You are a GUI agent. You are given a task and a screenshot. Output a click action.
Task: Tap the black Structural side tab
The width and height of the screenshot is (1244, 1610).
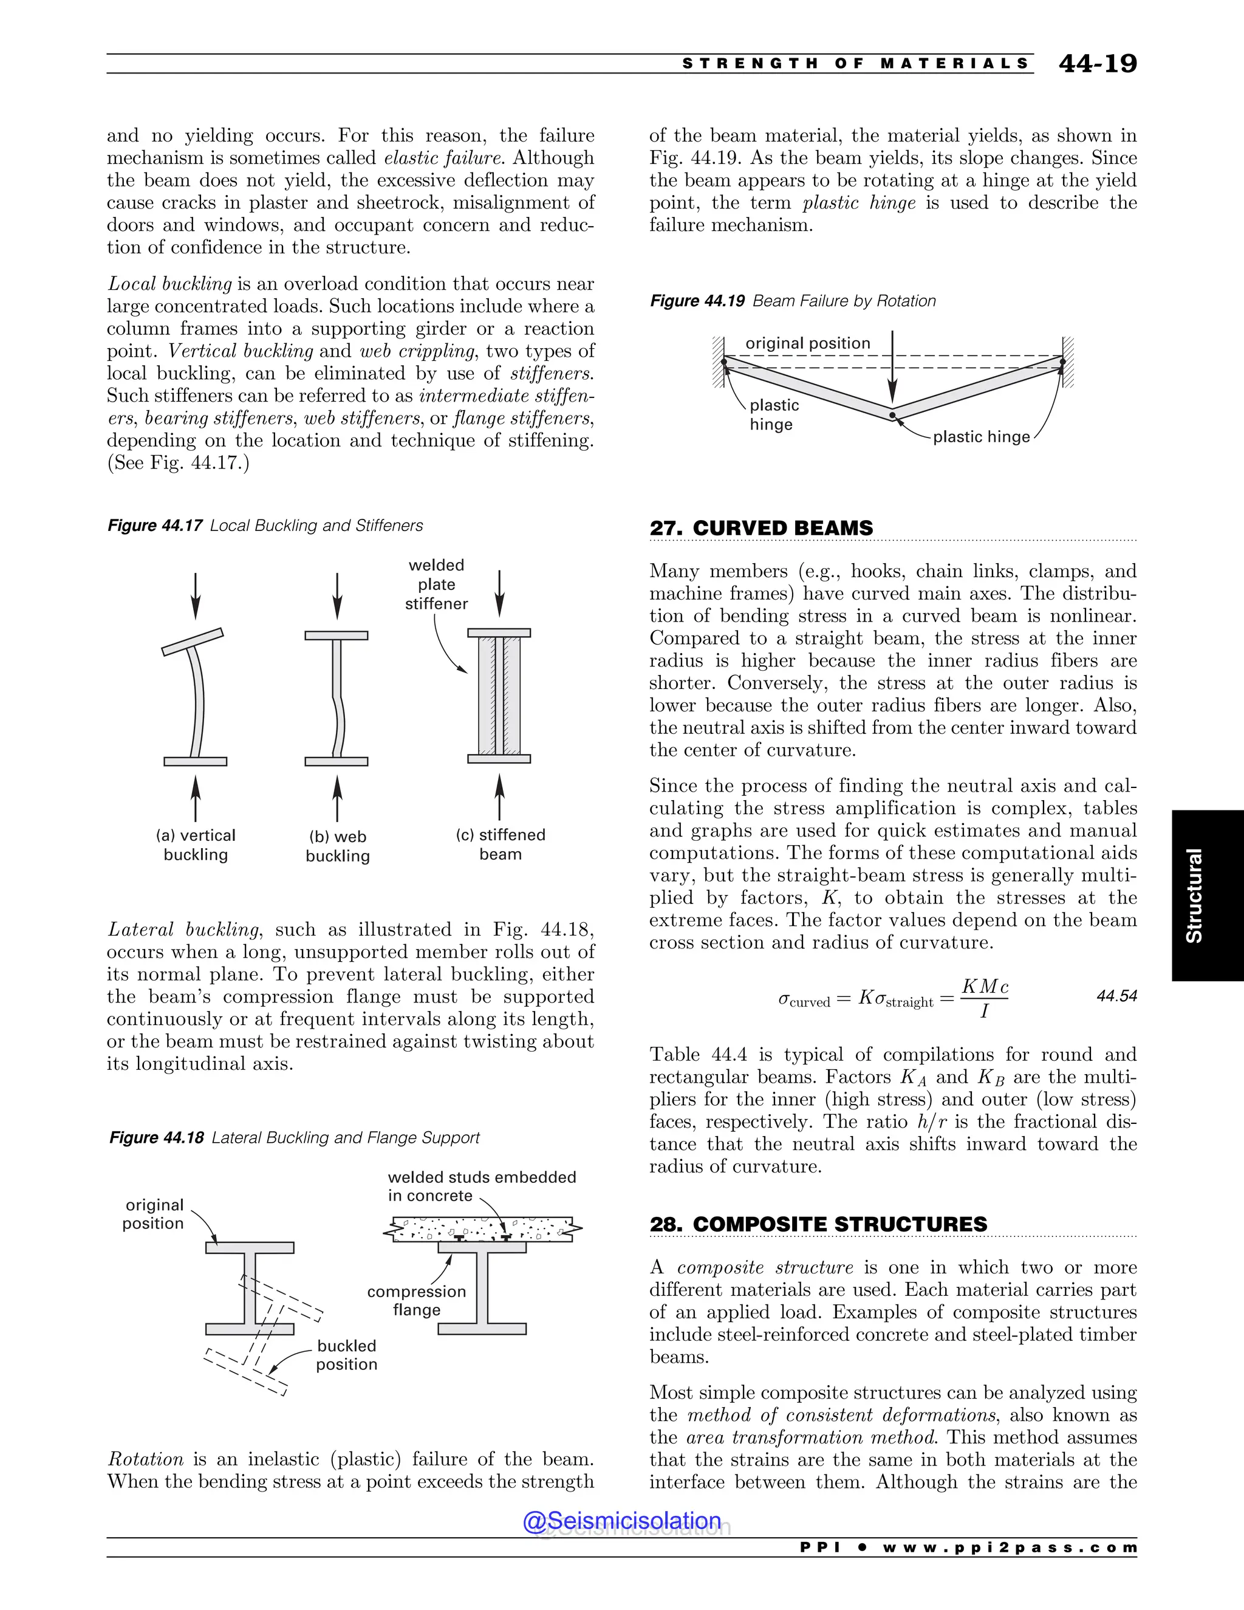pyautogui.click(x=1206, y=895)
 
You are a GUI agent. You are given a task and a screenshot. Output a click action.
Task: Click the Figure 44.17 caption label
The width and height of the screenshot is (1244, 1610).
pyautogui.click(x=155, y=526)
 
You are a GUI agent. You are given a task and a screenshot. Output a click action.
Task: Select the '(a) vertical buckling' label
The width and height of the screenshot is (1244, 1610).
pyautogui.click(x=196, y=845)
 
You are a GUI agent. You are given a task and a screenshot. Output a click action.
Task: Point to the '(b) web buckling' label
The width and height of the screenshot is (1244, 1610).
pyautogui.click(x=338, y=846)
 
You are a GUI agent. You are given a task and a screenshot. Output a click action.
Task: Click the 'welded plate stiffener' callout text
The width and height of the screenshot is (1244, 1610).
pyautogui.click(x=436, y=584)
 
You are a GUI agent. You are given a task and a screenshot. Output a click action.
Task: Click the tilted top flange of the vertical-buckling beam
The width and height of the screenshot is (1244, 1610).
pyautogui.click(x=193, y=642)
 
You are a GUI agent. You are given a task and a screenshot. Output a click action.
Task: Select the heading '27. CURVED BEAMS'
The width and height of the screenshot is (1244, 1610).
pyautogui.click(x=760, y=528)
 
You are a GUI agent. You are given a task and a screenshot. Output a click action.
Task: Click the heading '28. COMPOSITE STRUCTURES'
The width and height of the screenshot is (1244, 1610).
pyautogui.click(x=818, y=1224)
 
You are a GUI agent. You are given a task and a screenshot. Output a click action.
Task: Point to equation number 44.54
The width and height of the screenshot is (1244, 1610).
pyautogui.click(x=1116, y=996)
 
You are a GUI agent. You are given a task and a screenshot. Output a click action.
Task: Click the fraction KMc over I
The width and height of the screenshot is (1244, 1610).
pyautogui.click(x=985, y=998)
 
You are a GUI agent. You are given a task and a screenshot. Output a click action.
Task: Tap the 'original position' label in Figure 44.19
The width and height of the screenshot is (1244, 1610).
pyautogui.click(x=808, y=343)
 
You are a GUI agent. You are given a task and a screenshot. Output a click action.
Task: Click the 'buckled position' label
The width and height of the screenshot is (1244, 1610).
pyautogui.click(x=346, y=1355)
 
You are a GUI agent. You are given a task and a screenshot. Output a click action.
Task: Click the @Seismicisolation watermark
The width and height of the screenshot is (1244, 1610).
pyautogui.click(x=622, y=1520)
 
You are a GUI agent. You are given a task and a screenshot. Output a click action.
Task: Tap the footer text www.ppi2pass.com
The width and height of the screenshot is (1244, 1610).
pyautogui.click(x=1010, y=1547)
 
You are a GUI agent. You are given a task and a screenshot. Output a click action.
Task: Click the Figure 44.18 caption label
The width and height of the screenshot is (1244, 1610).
pyautogui.click(x=156, y=1137)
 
